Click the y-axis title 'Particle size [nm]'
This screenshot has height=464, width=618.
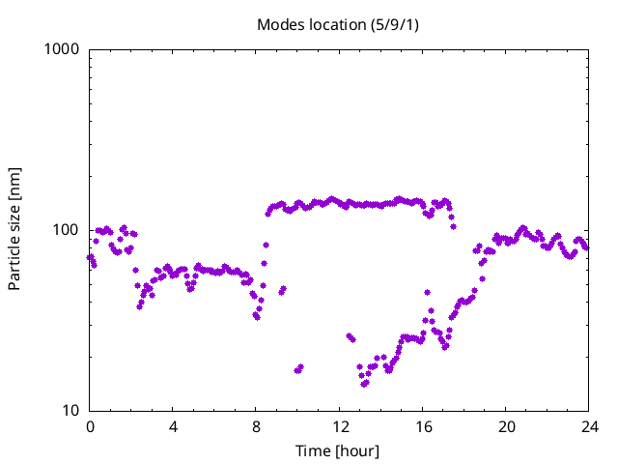[14, 229]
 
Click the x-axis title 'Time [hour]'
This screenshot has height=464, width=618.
[338, 450]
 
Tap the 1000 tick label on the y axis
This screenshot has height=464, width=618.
[63, 49]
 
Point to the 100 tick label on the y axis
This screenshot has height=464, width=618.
[67, 230]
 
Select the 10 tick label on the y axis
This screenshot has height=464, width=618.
[70, 411]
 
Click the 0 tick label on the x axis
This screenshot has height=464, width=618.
[90, 426]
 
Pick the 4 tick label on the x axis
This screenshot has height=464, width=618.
[173, 426]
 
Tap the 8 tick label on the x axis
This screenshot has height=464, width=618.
[256, 426]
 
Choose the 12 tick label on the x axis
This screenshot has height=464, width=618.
[339, 426]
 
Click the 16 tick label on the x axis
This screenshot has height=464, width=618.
[422, 426]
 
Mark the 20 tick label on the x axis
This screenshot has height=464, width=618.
[505, 426]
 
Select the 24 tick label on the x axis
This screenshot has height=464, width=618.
[588, 426]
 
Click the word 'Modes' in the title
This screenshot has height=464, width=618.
[280, 24]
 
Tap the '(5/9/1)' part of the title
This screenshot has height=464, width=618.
[391, 24]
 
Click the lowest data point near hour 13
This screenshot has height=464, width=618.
[364, 384]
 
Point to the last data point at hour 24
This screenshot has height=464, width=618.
[585, 247]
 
